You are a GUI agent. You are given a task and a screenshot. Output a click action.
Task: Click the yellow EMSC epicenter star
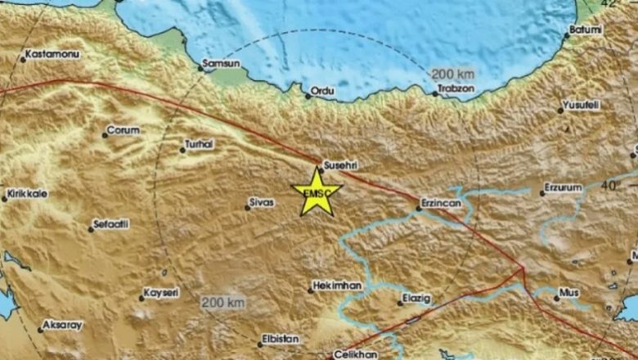(x=317, y=192)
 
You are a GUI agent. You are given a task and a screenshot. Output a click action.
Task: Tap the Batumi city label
(x=586, y=30)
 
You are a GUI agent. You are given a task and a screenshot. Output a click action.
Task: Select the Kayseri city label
(x=160, y=292)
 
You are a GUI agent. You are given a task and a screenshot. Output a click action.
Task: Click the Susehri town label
(x=342, y=164)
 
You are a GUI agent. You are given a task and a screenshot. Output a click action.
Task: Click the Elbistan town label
(x=280, y=338)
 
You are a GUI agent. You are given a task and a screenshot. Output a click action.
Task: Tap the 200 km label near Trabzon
(x=455, y=73)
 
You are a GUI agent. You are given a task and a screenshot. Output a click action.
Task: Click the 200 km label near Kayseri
(x=223, y=303)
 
